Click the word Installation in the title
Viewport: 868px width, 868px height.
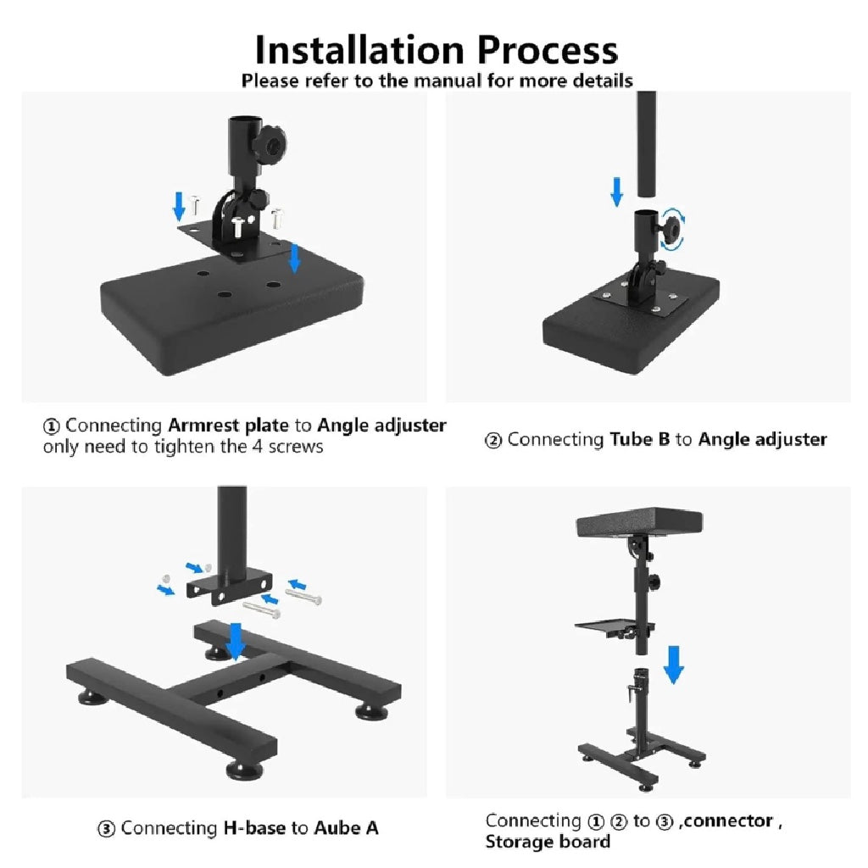coord(359,50)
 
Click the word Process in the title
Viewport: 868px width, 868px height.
coord(547,50)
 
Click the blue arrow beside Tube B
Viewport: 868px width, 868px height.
coord(617,192)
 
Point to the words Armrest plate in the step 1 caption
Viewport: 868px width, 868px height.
coord(228,426)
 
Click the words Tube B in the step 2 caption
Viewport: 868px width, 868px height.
coord(639,439)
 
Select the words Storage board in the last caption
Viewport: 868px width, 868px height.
coord(548,842)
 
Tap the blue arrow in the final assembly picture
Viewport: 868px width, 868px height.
coord(673,665)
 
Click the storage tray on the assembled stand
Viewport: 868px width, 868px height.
coord(609,628)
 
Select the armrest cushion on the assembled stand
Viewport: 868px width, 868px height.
coord(639,521)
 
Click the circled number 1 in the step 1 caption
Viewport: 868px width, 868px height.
coord(51,427)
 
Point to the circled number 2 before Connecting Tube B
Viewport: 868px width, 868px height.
coord(492,441)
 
